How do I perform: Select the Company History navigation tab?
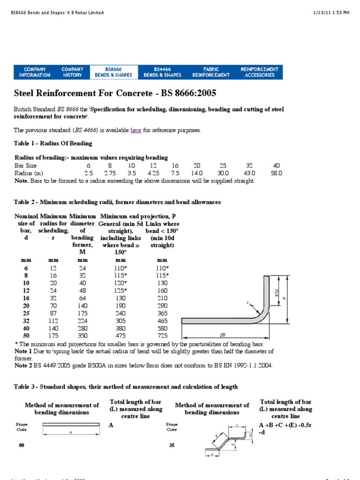point(72,72)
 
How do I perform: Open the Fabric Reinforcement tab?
point(211,72)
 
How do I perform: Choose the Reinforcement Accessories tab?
point(259,72)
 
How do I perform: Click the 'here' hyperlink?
point(136,130)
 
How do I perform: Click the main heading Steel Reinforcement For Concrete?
point(115,93)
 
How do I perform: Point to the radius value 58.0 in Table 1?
point(276,173)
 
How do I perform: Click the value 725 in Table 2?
point(163,336)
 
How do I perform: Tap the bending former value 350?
point(83,336)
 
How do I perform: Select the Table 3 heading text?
point(126,387)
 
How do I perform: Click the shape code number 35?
point(172,445)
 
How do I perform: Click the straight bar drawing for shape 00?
point(71,425)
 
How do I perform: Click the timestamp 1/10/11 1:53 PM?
point(332,13)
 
